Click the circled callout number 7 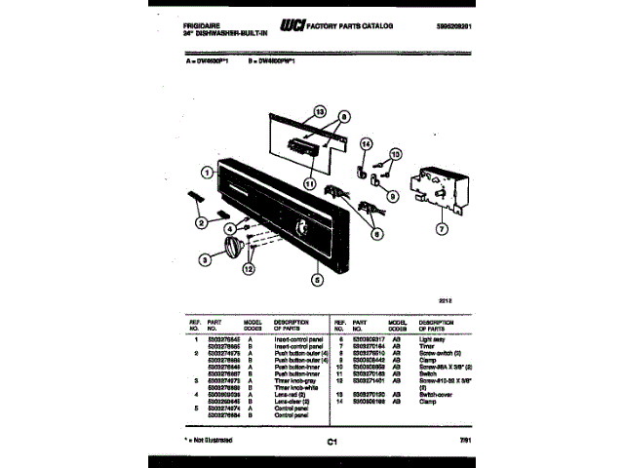[x=441, y=231]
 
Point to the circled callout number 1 [x=207, y=174]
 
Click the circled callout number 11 [x=310, y=182]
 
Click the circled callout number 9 [x=392, y=196]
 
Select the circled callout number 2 [x=201, y=223]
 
